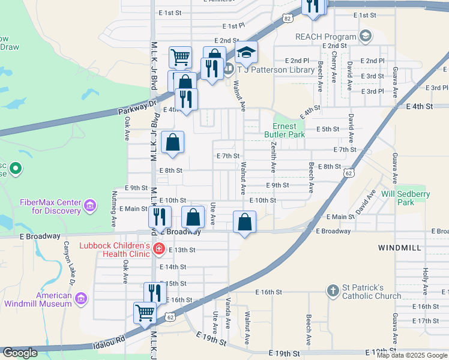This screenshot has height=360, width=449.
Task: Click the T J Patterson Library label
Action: point(276,70)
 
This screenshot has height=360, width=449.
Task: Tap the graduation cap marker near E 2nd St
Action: point(246,53)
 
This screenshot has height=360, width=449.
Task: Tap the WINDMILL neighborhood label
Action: point(399,247)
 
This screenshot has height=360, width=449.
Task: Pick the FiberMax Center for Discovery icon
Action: point(90,206)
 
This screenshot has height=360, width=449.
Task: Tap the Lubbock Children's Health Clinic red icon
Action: point(159,249)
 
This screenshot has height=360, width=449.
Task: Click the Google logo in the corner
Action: point(20,353)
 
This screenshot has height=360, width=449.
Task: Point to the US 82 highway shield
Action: point(288,19)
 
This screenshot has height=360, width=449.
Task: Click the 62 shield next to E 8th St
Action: point(348,173)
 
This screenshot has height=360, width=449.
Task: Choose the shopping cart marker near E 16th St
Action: point(145,312)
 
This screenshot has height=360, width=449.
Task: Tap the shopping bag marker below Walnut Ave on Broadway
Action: point(245,222)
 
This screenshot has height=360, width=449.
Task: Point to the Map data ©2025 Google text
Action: point(412,355)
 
